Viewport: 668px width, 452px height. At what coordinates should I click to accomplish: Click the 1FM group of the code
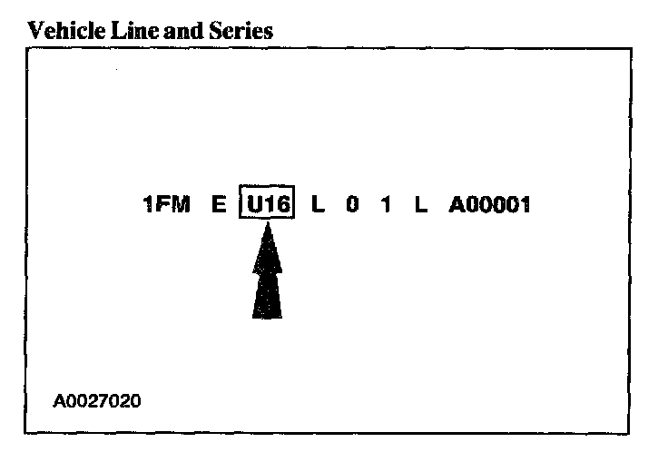tap(166, 206)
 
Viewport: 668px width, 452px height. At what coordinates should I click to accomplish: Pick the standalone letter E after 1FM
tap(219, 206)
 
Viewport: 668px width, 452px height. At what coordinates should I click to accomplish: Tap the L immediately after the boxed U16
tap(317, 206)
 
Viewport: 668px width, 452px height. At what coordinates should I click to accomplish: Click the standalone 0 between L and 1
tap(351, 206)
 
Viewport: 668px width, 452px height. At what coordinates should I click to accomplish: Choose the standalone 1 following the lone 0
tap(386, 206)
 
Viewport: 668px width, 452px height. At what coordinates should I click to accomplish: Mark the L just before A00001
tap(420, 206)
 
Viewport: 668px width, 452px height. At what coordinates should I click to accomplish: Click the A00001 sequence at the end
tap(489, 206)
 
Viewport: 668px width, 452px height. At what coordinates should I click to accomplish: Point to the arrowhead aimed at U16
tap(268, 250)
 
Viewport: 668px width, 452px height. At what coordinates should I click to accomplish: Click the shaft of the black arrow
tap(267, 295)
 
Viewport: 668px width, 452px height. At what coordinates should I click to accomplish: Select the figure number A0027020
tap(97, 400)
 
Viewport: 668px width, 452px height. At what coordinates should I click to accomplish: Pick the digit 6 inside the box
tap(282, 206)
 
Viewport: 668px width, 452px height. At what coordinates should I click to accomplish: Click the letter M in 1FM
tap(180, 206)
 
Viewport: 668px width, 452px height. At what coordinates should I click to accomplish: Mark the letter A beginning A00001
tap(456, 206)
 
